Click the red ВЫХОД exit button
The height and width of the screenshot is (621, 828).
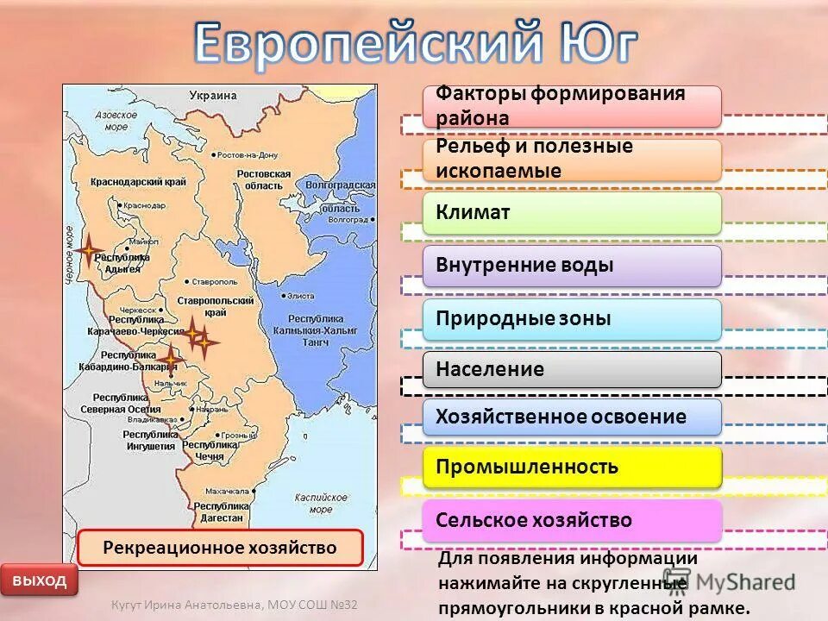pyautogui.click(x=39, y=580)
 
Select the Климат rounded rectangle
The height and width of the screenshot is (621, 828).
pyautogui.click(x=572, y=212)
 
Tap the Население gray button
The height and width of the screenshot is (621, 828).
pyautogui.click(x=572, y=369)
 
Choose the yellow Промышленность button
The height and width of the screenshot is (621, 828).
pyautogui.click(x=572, y=467)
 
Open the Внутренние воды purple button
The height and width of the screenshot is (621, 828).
pyautogui.click(x=572, y=266)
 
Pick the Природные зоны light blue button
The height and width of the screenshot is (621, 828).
pyautogui.click(x=572, y=319)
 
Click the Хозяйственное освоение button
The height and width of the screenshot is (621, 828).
pyautogui.click(x=572, y=417)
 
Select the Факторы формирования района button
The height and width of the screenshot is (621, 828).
pyautogui.click(x=572, y=106)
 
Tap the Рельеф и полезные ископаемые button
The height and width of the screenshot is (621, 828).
pyautogui.click(x=572, y=160)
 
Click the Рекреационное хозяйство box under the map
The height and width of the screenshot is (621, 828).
pyautogui.click(x=220, y=548)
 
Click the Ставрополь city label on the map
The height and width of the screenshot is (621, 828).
pyautogui.click(x=215, y=281)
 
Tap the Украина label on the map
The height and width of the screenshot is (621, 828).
pyautogui.click(x=213, y=96)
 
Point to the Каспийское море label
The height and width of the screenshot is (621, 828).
pyautogui.click(x=320, y=503)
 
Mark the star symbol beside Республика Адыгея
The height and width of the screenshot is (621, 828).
pyautogui.click(x=88, y=251)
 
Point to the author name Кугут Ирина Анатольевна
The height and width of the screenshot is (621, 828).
pyautogui.click(x=186, y=605)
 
